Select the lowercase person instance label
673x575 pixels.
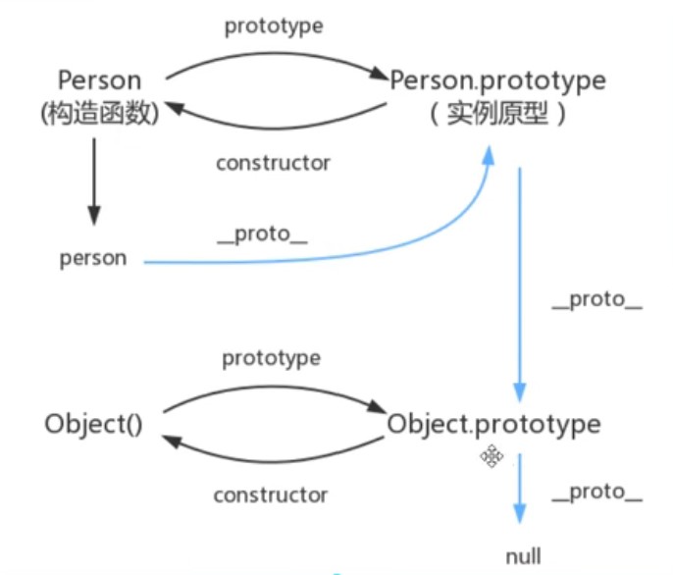click(93, 259)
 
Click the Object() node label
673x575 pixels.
click(94, 425)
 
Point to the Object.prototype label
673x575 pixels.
click(493, 425)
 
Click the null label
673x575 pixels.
click(523, 555)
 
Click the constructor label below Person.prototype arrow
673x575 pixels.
click(273, 162)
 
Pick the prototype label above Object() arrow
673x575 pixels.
click(271, 358)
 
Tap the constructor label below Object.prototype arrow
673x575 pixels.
click(271, 495)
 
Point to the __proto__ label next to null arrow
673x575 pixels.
click(596, 493)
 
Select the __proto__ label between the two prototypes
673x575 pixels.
click(596, 299)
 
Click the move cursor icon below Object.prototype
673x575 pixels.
click(492, 455)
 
